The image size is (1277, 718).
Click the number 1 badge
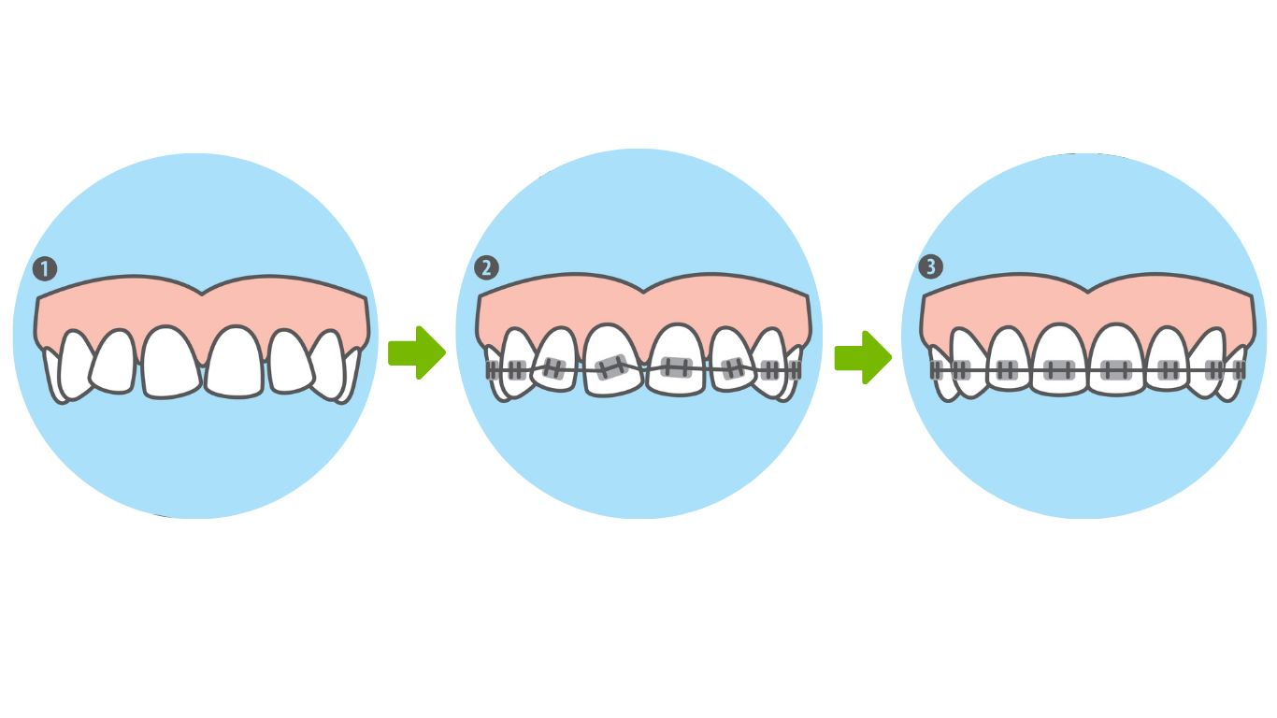coord(44,269)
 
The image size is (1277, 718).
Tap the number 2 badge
coord(486,268)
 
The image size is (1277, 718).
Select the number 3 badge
coord(930,267)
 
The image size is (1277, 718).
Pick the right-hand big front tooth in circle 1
coord(235,362)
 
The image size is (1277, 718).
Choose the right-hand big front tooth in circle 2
coord(676,360)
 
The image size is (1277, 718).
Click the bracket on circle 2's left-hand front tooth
coord(611,367)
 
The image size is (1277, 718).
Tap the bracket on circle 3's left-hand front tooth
coord(1059,370)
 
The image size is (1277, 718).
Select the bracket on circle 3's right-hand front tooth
coord(1116,370)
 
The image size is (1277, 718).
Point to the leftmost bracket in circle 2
coord(492,370)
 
